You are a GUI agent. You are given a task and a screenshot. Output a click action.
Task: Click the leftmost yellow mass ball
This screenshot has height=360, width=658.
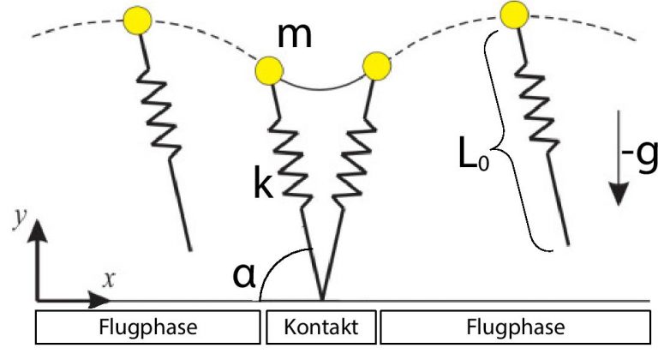[137, 21]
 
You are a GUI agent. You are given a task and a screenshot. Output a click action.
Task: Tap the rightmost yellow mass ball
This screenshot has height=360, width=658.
[514, 15]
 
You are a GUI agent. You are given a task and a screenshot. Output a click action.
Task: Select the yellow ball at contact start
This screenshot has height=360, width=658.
[269, 70]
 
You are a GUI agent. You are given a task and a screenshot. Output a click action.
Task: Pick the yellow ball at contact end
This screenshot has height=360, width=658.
[376, 66]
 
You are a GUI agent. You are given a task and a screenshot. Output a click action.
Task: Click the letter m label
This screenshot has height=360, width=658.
[295, 36]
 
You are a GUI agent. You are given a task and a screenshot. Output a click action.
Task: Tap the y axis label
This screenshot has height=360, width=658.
[20, 218]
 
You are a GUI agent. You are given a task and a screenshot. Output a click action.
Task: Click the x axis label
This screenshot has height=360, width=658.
[109, 279]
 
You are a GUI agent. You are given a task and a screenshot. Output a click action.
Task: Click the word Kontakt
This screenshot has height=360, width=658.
[321, 327]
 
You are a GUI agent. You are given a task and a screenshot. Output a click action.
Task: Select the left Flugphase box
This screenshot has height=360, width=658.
[147, 327]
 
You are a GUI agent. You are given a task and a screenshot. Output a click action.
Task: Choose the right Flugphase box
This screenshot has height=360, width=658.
[515, 327]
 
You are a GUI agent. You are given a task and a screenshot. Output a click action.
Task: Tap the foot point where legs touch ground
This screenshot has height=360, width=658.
[322, 299]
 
